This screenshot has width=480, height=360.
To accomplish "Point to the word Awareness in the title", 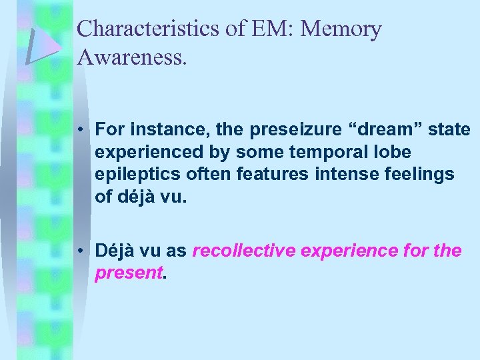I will tap(132, 57).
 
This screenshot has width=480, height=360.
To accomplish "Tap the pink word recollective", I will tap(245, 251).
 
